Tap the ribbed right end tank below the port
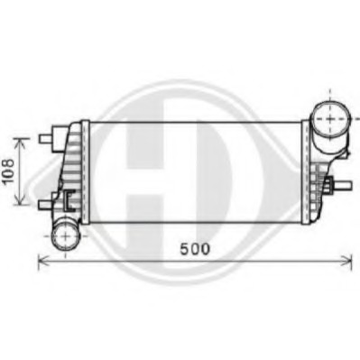[316, 180]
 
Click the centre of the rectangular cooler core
[194, 169]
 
